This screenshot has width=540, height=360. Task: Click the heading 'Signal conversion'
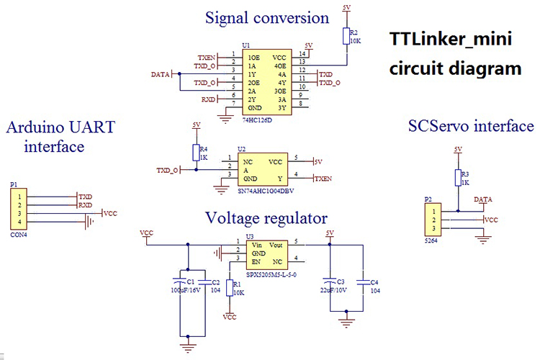tap(266, 17)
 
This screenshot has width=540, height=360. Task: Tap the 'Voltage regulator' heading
tap(266, 217)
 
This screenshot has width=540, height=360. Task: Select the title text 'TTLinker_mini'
tap(451, 39)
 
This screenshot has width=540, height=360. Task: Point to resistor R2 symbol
tap(346, 37)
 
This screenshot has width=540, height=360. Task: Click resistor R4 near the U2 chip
tap(195, 152)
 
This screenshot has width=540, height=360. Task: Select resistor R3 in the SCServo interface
tap(457, 178)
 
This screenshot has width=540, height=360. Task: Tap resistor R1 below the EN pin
tap(230, 288)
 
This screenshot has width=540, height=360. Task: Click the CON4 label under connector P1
tap(18, 234)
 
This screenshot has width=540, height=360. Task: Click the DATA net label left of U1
tap(161, 74)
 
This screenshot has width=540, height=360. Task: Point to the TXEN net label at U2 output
tap(323, 179)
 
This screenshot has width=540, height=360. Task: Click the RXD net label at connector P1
tap(86, 205)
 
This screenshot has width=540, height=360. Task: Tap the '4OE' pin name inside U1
tap(279, 66)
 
